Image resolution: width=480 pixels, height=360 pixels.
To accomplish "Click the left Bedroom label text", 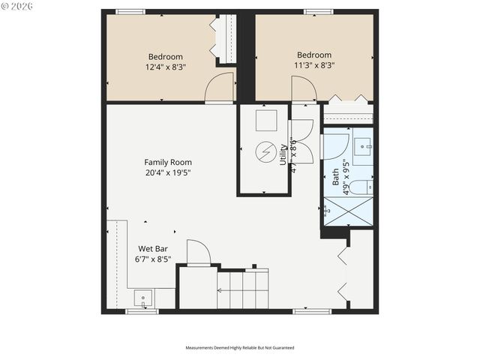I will tap(165, 56).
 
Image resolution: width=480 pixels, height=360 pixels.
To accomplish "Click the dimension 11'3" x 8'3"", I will tap(315, 65).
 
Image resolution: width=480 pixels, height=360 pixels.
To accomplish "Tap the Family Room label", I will tap(168, 162).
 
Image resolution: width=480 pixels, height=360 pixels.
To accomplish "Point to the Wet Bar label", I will tap(153, 249).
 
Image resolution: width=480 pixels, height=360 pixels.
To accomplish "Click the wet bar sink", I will tap(142, 299).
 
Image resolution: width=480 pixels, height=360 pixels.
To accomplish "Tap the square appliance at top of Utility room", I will tap(266, 120).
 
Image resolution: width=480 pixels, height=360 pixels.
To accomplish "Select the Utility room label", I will tap(283, 154).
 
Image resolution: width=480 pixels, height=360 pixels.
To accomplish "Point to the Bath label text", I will tap(335, 177).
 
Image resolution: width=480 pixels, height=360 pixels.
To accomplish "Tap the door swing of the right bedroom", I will tap(303, 88).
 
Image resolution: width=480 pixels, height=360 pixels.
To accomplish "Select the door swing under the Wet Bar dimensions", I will tap(198, 253).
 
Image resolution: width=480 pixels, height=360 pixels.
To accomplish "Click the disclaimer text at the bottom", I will tap(240, 348).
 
